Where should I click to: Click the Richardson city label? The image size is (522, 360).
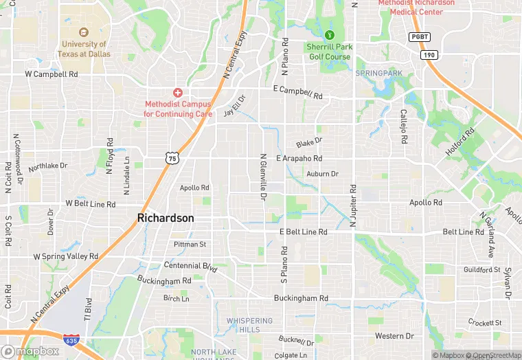[x=166, y=218]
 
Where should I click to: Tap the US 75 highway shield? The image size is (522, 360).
[x=172, y=158]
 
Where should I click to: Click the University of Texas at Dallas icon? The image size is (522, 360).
[x=84, y=32]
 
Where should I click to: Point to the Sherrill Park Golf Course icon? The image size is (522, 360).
[x=328, y=34]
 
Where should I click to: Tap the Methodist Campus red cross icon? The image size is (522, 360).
[x=177, y=92]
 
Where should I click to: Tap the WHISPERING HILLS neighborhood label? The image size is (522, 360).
[x=250, y=325]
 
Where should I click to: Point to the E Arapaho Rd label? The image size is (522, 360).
[x=299, y=159]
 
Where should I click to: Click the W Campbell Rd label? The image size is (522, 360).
[x=52, y=73]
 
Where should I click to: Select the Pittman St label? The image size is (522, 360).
[x=190, y=244]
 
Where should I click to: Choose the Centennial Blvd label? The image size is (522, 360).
[x=190, y=265]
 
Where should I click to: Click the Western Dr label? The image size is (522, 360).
[x=394, y=336]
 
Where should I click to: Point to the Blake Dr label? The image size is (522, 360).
[x=309, y=144]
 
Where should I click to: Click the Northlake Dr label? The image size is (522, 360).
[x=48, y=166]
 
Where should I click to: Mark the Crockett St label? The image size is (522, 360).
[x=486, y=322]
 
